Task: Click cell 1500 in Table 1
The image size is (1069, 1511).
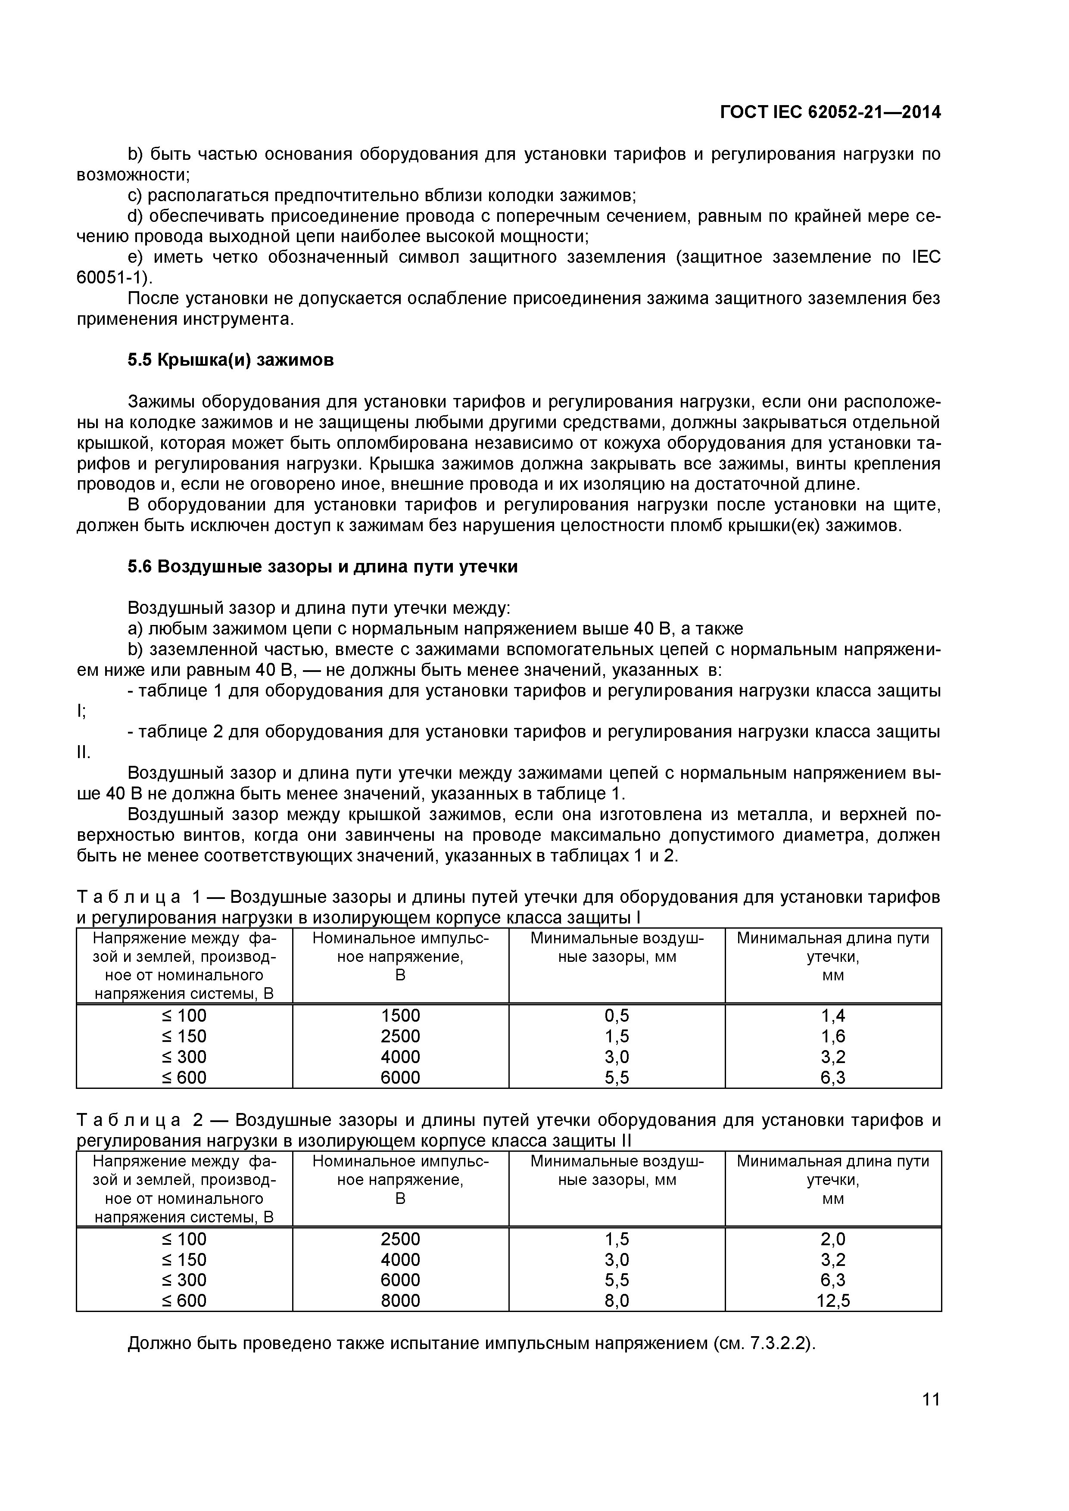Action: pos(400,1016)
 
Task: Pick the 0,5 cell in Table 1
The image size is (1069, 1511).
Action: pos(617,1016)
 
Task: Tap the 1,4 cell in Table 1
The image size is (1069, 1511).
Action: pos(833,1016)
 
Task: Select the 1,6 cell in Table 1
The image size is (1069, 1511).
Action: pos(833,1036)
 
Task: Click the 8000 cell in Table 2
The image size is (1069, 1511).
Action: pos(400,1300)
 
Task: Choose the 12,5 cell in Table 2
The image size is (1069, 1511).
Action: pos(833,1300)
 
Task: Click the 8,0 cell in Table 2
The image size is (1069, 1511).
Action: pos(617,1300)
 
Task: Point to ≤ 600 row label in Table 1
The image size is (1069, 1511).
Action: pos(184,1077)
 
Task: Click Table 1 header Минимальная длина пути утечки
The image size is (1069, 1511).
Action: pos(833,956)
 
